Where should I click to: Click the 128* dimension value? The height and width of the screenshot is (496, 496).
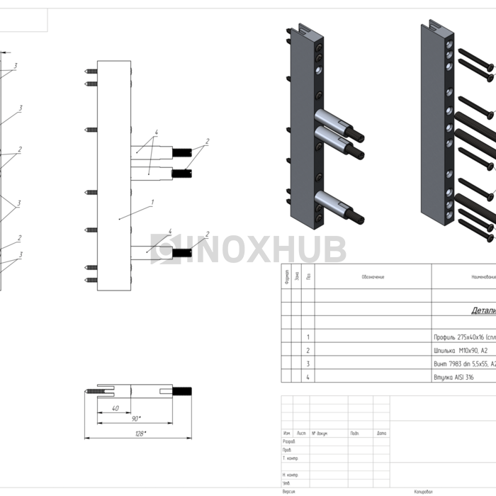coord(140,433)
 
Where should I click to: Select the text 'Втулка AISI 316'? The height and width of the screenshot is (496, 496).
coord(453,378)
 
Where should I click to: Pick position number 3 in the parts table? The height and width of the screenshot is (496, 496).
coord(308,364)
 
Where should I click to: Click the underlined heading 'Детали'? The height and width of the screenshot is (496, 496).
coord(483,310)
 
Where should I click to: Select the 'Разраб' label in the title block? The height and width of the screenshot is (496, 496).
coord(288,441)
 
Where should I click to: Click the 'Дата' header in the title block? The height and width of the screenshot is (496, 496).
coord(382,433)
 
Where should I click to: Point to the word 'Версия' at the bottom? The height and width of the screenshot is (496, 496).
coord(288,491)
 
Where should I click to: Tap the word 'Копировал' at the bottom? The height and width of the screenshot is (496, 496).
coord(424,491)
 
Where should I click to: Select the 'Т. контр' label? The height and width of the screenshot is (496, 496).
coord(290,458)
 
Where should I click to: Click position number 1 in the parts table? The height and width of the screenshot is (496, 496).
coord(308,337)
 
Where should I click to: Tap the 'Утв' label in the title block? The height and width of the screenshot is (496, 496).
coord(286,483)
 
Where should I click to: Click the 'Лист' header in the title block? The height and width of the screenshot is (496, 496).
coord(302,433)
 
